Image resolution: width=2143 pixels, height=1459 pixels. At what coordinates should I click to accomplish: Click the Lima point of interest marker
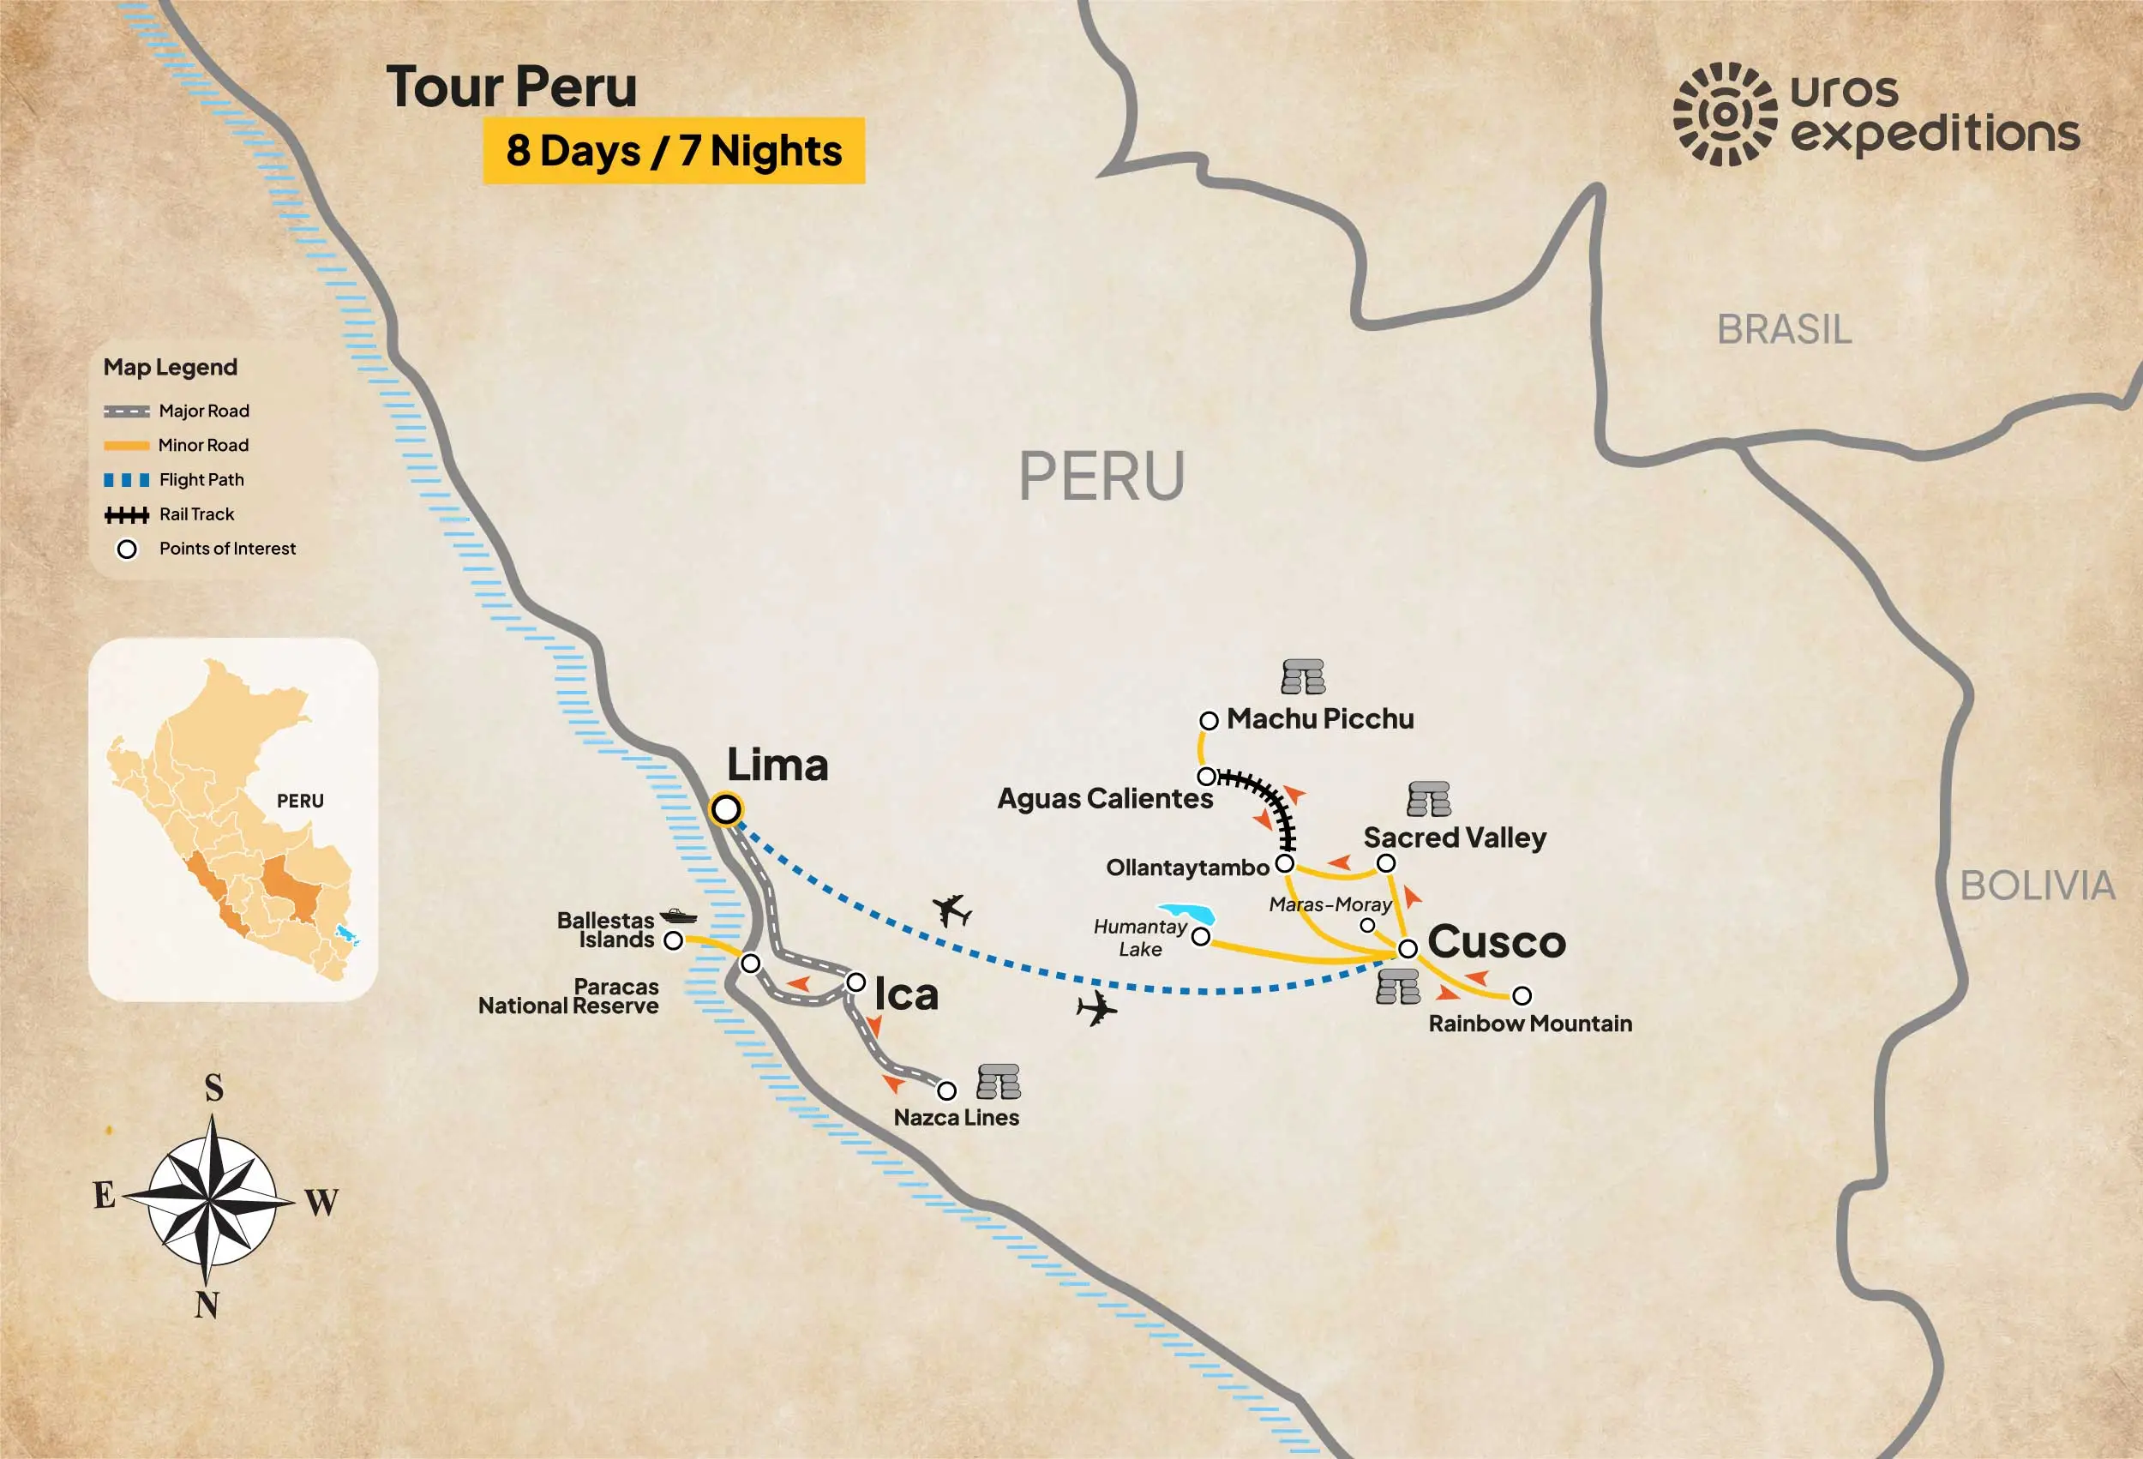(726, 810)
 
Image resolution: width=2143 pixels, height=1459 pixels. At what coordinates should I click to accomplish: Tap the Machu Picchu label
(1319, 718)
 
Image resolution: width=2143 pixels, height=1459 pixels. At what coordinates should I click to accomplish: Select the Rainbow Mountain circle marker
(1522, 996)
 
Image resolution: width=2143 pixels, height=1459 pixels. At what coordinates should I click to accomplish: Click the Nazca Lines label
(957, 1118)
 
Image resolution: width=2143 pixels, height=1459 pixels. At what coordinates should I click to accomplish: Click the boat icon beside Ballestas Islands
(679, 916)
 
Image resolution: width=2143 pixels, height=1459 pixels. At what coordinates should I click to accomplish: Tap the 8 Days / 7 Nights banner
(674, 150)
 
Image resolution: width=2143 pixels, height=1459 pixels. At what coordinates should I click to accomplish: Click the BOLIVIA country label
(2037, 886)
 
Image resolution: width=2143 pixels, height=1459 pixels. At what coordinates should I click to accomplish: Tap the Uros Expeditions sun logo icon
(1725, 114)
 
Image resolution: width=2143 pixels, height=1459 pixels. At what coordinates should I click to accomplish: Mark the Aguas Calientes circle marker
(1206, 777)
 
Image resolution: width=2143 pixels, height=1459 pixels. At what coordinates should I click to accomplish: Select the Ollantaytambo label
(1188, 868)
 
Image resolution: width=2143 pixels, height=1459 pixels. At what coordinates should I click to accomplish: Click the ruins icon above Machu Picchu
(1303, 677)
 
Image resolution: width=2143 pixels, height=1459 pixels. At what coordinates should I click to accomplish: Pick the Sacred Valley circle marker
(1386, 863)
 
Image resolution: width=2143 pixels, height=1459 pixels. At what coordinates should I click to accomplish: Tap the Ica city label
(905, 994)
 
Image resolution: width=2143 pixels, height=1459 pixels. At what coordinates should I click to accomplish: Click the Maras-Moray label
(1330, 904)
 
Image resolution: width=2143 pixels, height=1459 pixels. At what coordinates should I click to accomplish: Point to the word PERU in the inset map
(301, 801)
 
